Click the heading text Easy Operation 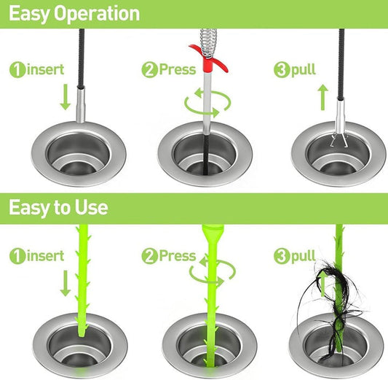74,14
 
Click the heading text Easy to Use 58,207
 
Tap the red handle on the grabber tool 208,59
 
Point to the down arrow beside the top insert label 66,97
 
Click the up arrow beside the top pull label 323,98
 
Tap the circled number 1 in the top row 17,70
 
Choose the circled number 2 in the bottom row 149,256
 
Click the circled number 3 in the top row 282,70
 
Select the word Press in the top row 178,69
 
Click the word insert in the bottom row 46,256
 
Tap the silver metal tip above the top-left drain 81,105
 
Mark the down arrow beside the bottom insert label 66,283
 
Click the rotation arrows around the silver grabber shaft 207,103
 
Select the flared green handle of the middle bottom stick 213,234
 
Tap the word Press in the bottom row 178,256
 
